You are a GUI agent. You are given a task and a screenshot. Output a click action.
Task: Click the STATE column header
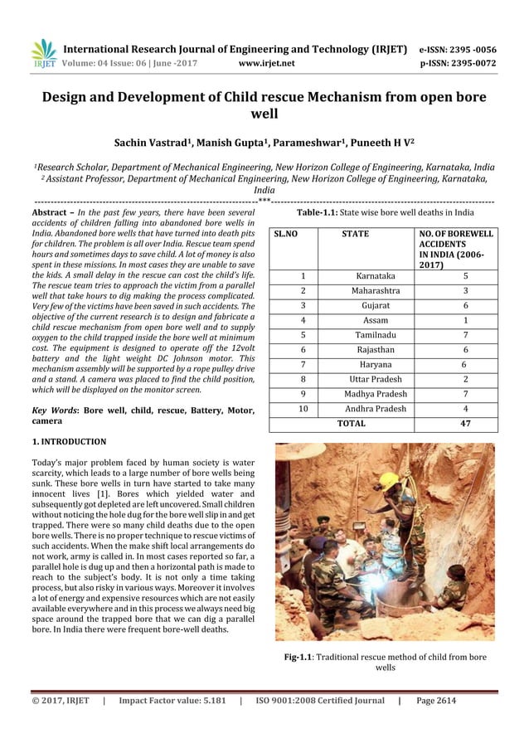(356, 235)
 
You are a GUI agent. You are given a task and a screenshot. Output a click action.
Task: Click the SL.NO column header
(286, 235)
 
